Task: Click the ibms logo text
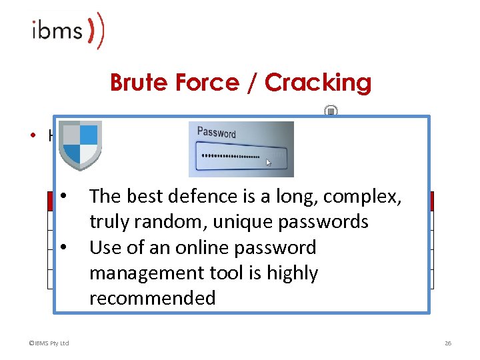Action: point(57,31)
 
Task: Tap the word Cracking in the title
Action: point(318,83)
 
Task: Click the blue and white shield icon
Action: point(79,145)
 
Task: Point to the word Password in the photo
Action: point(216,133)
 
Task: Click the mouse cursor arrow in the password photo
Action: point(269,162)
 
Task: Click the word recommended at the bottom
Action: point(152,298)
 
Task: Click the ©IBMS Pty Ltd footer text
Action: point(49,343)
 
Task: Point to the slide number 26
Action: point(448,343)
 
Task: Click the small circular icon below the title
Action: point(331,111)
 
